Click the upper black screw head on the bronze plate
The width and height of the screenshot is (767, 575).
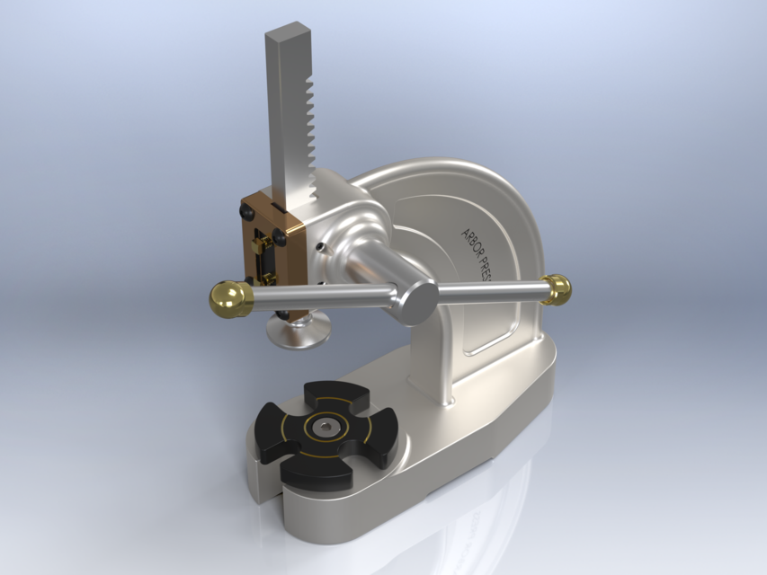point(245,212)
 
